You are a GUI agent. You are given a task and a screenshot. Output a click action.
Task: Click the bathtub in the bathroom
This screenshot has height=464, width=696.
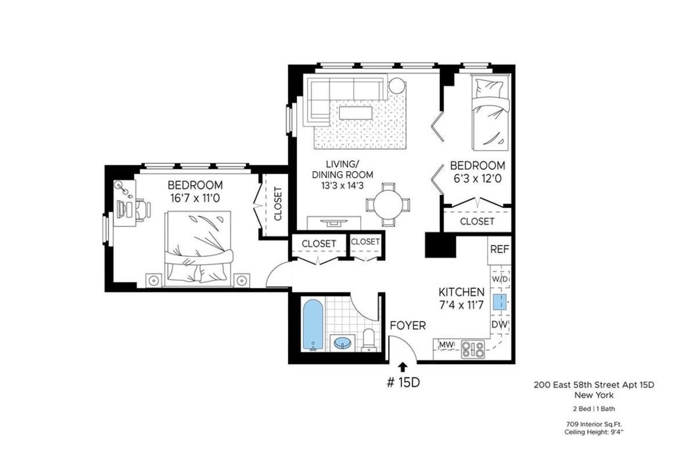[313, 325]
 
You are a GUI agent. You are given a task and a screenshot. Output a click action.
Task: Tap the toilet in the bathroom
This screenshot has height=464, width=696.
[369, 339]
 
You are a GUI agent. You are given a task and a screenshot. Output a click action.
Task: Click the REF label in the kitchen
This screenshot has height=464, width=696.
[499, 249]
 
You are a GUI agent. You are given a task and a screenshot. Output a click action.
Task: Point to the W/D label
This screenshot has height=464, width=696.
[499, 279]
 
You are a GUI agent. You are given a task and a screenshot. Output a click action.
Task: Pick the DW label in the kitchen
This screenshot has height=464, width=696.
[499, 324]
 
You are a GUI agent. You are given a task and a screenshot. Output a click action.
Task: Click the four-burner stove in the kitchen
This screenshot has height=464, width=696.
[473, 349]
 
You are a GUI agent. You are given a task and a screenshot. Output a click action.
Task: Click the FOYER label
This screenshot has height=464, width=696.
[407, 325]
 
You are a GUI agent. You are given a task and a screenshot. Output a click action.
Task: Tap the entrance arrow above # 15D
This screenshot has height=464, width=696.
[403, 366]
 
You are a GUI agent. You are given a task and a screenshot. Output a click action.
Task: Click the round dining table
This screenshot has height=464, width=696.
[388, 205]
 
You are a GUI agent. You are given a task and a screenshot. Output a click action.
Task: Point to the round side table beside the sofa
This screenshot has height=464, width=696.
[397, 86]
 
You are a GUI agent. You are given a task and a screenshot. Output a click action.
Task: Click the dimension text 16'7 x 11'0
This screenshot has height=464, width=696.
[195, 198]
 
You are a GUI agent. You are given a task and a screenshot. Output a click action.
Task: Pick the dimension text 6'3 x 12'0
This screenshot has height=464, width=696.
[478, 179]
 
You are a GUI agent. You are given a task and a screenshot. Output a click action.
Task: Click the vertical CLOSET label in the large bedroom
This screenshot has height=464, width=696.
[277, 204]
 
